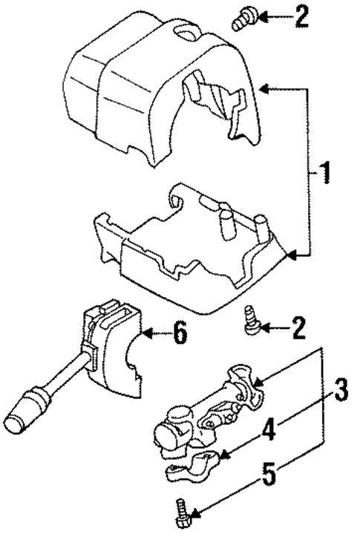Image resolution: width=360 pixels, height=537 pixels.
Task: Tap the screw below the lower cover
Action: (x=252, y=323)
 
